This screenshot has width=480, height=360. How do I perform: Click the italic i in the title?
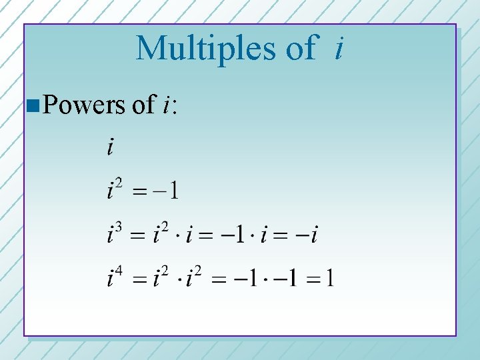click(x=339, y=47)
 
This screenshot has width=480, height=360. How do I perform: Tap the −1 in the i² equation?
click(x=166, y=191)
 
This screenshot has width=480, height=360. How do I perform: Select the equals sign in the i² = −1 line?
click(x=139, y=192)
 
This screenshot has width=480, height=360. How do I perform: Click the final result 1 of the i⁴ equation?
click(x=330, y=277)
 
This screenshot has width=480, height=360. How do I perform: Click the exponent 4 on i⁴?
click(x=119, y=269)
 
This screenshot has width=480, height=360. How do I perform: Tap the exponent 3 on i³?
click(x=119, y=227)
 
